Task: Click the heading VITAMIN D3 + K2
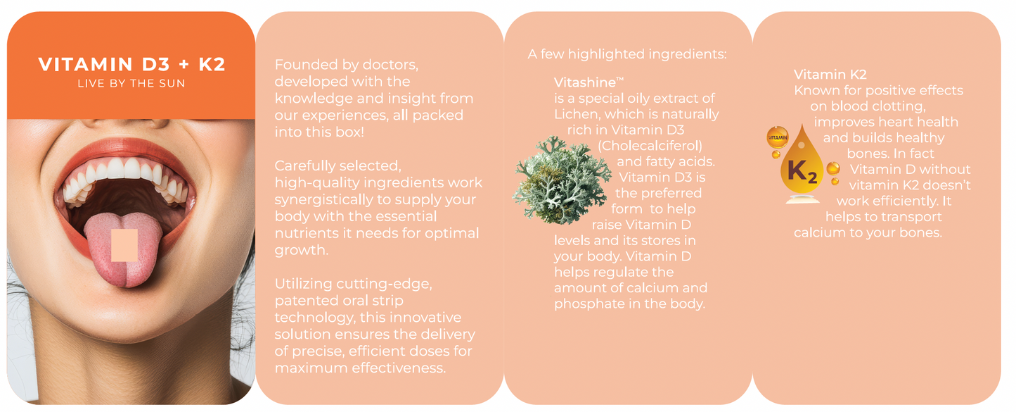pyautogui.click(x=131, y=65)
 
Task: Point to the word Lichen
pyautogui.click(x=574, y=114)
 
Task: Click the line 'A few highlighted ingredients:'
pyautogui.click(x=626, y=54)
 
